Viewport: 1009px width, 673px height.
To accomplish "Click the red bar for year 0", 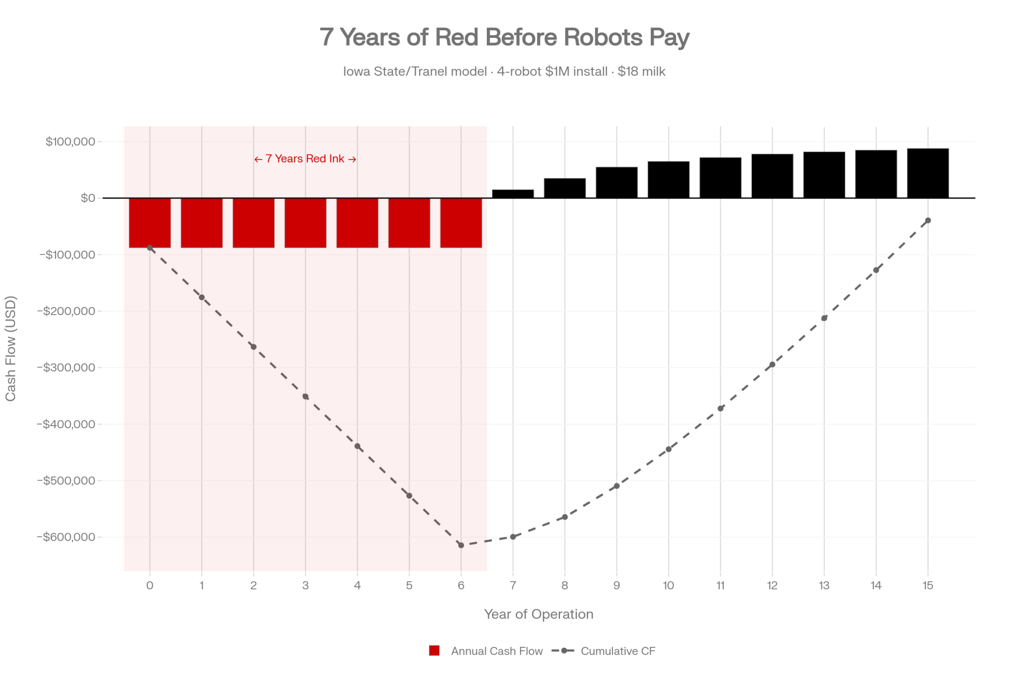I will click(x=150, y=223).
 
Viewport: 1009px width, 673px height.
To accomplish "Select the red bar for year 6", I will click(x=461, y=223).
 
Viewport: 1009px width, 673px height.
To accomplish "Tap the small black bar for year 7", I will click(x=513, y=194).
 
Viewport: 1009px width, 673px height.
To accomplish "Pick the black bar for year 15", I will click(x=928, y=173).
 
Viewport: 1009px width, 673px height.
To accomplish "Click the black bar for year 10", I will click(x=668, y=180).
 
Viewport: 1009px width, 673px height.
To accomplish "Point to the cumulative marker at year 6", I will click(x=461, y=545).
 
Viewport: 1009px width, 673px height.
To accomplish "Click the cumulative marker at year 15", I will click(x=928, y=221).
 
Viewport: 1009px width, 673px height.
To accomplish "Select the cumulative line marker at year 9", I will click(x=616, y=486).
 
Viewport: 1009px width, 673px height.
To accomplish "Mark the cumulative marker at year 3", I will click(x=305, y=397).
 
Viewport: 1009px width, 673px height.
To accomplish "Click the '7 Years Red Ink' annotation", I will click(x=305, y=159).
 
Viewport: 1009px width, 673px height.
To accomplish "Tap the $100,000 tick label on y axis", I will click(x=70, y=142).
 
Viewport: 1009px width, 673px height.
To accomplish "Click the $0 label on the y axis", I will click(x=88, y=198).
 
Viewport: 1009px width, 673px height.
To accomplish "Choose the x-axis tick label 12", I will click(x=772, y=586).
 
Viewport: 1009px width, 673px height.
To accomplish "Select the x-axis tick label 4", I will click(x=357, y=586).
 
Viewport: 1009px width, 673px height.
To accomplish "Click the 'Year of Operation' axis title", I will click(x=538, y=614).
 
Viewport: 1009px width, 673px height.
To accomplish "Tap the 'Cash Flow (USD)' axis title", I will click(x=11, y=348).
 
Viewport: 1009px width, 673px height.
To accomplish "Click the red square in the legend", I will click(x=434, y=651).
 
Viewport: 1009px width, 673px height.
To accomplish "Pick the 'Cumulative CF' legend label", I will click(x=618, y=651).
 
